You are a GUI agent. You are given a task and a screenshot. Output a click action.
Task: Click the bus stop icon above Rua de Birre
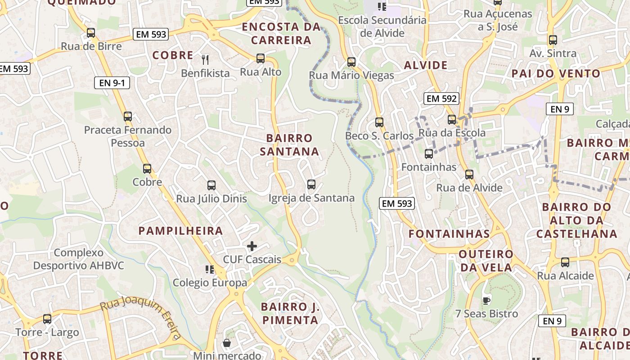91,33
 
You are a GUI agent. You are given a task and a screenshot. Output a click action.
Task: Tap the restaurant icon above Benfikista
205,59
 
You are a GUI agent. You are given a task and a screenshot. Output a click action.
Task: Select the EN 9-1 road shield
112,83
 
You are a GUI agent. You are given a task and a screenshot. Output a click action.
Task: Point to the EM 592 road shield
441,99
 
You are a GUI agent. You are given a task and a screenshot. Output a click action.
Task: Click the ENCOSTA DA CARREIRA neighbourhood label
281,33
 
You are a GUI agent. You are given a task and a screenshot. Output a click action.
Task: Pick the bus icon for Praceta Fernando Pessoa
128,117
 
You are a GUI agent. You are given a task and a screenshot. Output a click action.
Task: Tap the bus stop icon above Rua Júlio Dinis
211,185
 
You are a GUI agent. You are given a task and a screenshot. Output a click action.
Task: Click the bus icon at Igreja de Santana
311,184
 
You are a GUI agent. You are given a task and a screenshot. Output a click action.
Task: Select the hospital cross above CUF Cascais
252,246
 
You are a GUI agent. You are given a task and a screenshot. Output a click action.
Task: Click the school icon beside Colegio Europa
209,270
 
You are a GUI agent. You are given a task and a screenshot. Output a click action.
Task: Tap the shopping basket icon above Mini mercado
227,343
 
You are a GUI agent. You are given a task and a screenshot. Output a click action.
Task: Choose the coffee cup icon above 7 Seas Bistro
486,300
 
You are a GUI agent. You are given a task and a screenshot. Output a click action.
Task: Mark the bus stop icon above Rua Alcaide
565,262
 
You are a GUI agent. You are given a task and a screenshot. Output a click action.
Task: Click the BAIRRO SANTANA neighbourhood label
289,144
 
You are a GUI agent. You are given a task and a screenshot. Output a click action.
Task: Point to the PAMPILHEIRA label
181,231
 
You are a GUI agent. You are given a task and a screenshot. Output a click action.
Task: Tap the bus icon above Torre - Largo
47,319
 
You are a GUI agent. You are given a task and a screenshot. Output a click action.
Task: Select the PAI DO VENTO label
556,73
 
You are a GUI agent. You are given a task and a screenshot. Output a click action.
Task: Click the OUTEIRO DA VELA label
486,261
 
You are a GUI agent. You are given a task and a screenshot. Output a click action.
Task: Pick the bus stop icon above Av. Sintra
553,40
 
